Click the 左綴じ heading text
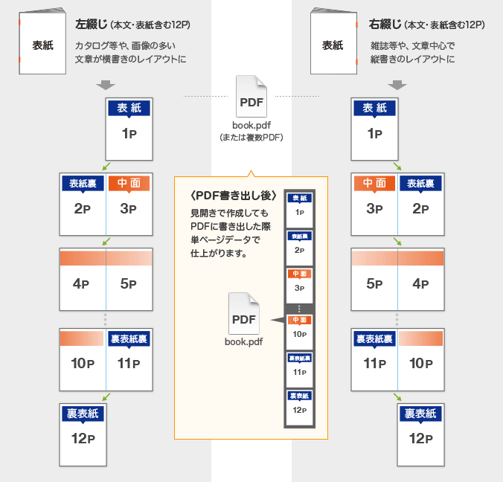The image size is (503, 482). coord(91,25)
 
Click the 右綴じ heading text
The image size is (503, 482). coord(385,25)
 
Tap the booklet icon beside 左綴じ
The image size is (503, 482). coord(42,42)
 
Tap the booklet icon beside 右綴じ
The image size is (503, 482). coord(333,42)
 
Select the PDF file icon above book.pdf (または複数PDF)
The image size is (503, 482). coord(251,97)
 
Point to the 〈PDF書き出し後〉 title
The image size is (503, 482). coord(234,196)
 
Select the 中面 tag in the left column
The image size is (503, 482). coord(129,183)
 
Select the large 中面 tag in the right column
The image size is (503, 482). coord(374,183)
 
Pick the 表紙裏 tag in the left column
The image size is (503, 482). coord(83,183)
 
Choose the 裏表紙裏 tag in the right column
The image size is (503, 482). coord(374,339)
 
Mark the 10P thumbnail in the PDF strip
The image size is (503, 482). coord(300,329)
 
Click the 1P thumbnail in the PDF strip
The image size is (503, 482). coord(300,207)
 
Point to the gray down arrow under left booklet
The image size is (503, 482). coord(106,85)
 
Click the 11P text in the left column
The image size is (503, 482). coord(129,364)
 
